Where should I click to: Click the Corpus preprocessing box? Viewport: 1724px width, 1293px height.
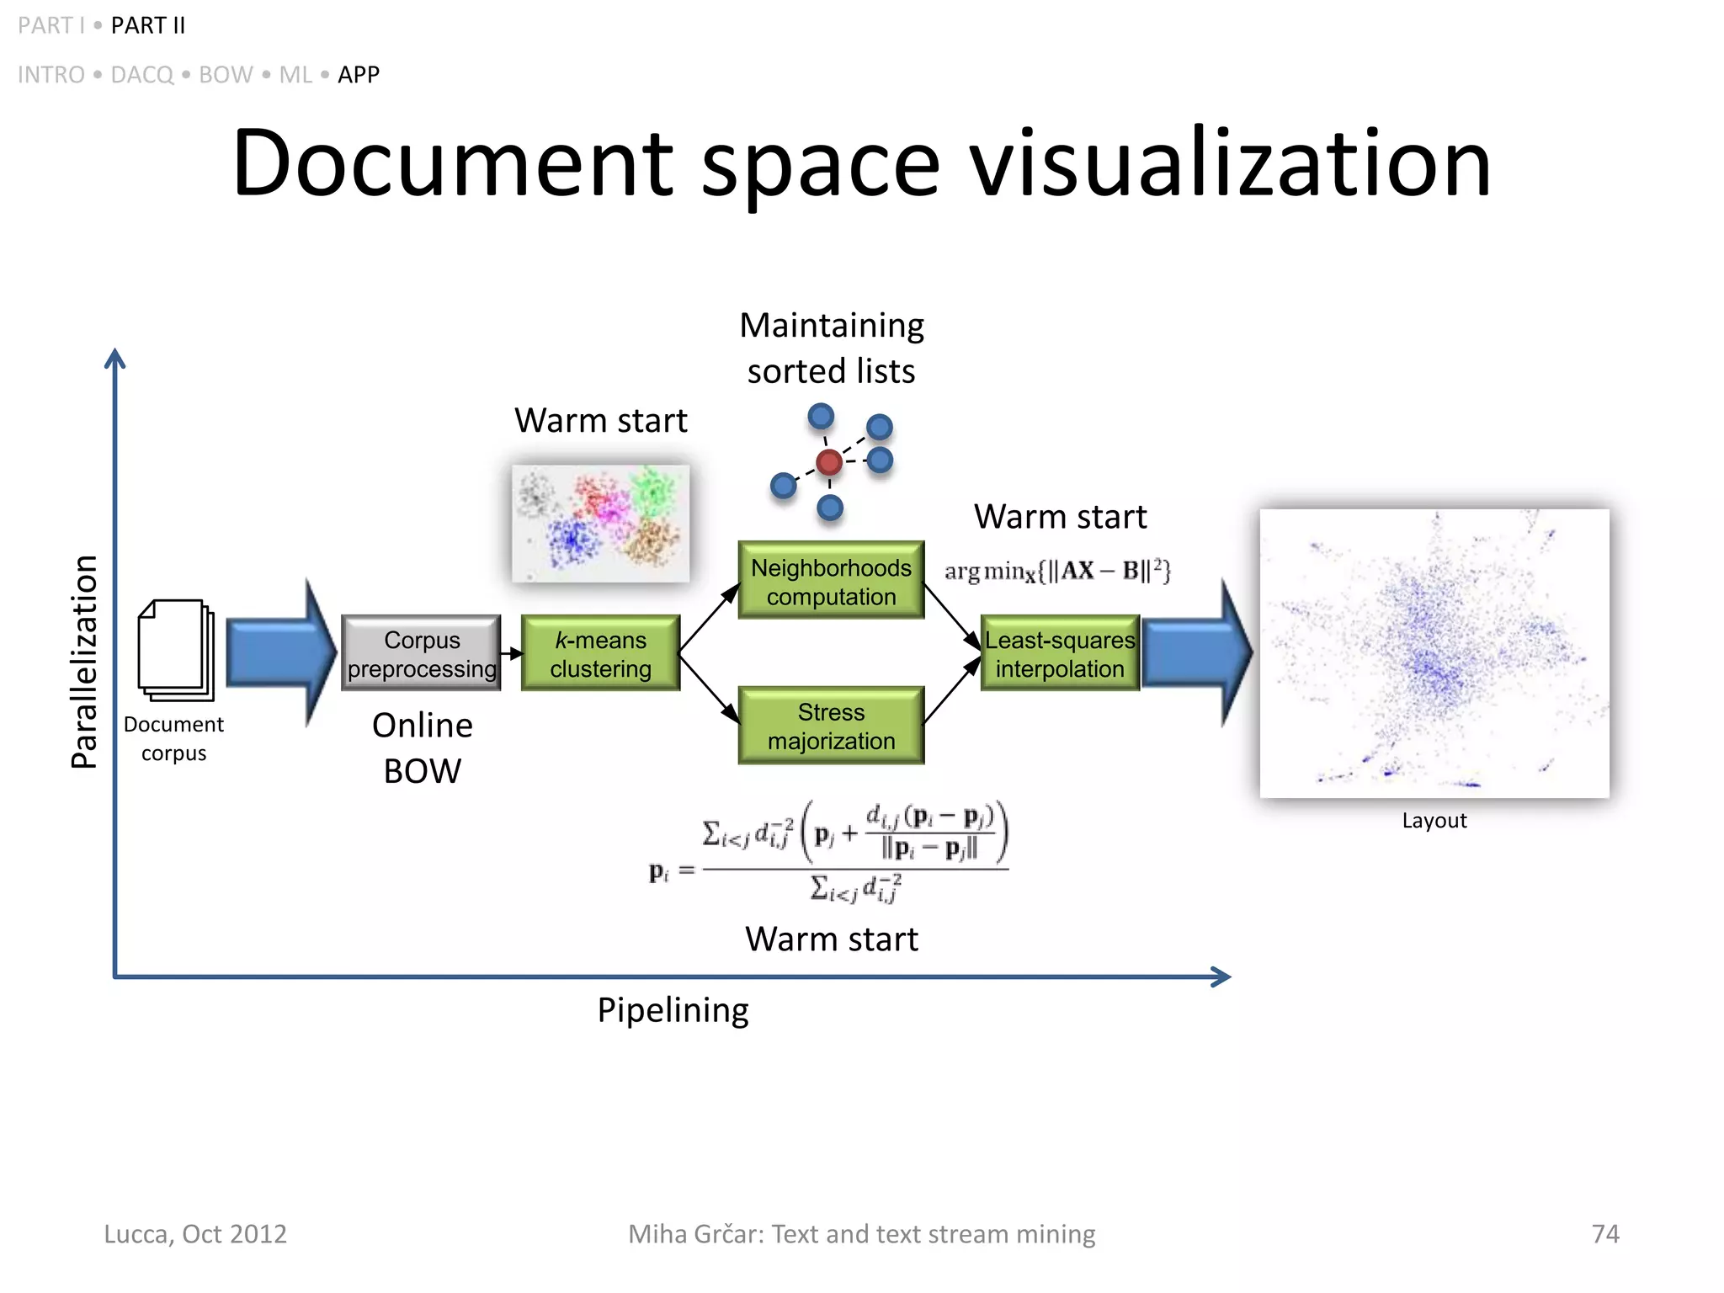pyautogui.click(x=421, y=653)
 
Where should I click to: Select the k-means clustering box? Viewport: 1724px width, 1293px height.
pyautogui.click(x=600, y=653)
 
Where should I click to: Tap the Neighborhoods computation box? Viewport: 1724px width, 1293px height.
pyautogui.click(x=831, y=581)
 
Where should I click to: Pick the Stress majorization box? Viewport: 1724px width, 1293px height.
pyautogui.click(x=831, y=726)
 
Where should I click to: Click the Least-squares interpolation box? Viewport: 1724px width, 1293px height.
pyautogui.click(x=1060, y=653)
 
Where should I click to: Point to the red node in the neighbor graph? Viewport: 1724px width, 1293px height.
pyautogui.click(x=829, y=461)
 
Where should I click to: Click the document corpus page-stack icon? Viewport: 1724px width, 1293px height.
pyautogui.click(x=175, y=650)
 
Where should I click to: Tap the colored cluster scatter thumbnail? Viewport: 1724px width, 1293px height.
pyautogui.click(x=600, y=523)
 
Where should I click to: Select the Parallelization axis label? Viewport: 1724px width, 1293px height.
pyautogui.click(x=84, y=662)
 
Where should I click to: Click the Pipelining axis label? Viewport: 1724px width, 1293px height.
pyautogui.click(x=673, y=1009)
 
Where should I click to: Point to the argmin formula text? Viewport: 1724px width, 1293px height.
pyautogui.click(x=1056, y=571)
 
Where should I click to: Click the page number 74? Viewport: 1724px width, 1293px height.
pyautogui.click(x=1604, y=1233)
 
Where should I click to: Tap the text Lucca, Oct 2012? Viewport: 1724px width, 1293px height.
pyautogui.click(x=195, y=1233)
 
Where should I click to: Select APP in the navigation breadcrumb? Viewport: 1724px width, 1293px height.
pyautogui.click(x=359, y=75)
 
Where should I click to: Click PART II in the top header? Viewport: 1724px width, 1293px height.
pyautogui.click(x=148, y=25)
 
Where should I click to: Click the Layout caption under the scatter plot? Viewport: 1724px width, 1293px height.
pyautogui.click(x=1434, y=820)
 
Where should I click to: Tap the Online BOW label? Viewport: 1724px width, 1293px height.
pyautogui.click(x=422, y=748)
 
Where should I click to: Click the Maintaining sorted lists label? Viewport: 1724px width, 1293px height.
pyautogui.click(x=831, y=348)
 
